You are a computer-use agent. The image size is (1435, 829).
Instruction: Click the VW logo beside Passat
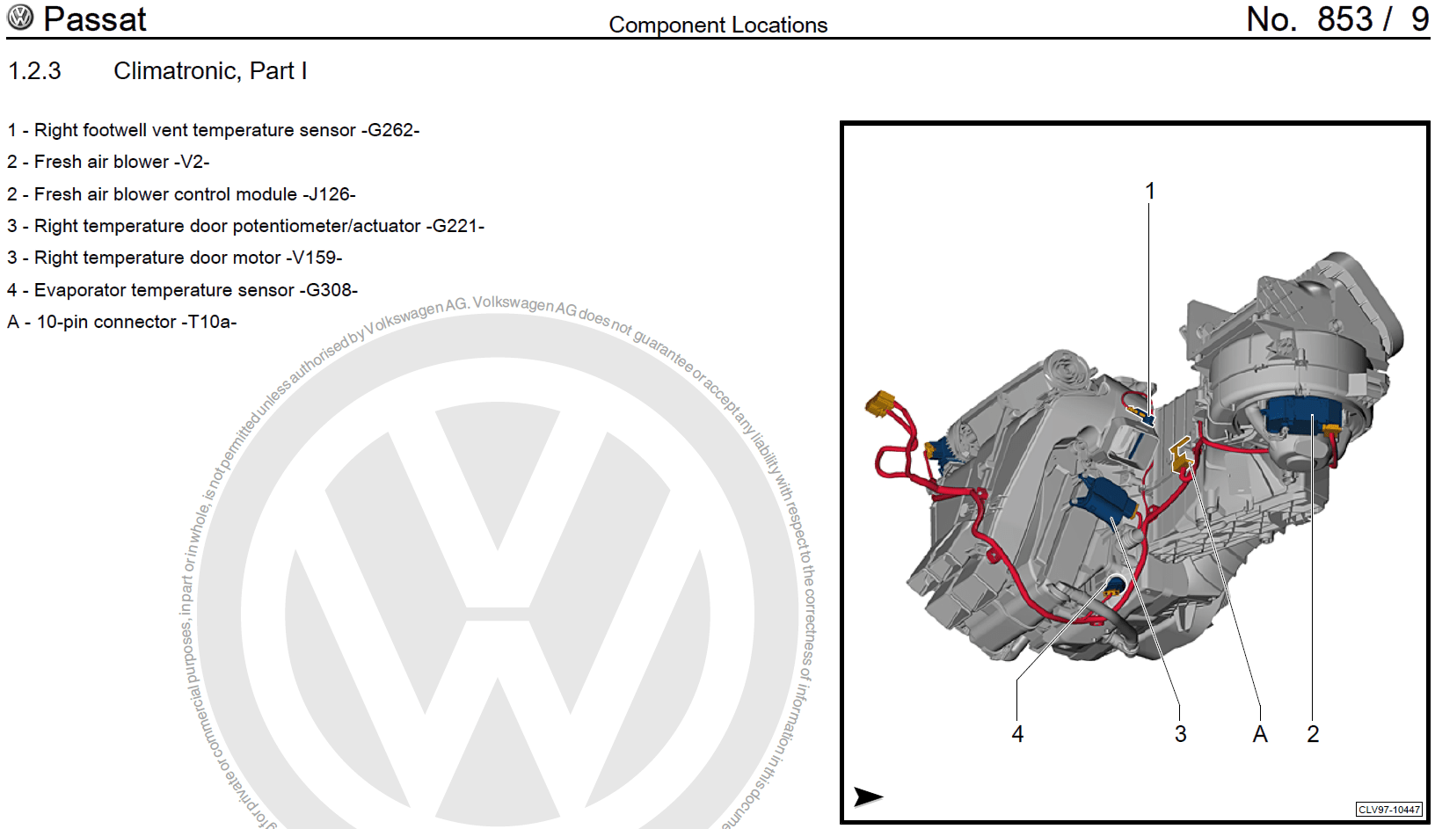coord(19,18)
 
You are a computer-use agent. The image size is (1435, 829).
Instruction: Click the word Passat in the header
coord(95,19)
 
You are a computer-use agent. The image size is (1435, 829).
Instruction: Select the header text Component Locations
coord(717,25)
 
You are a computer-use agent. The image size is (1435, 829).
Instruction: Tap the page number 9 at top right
coord(1419,19)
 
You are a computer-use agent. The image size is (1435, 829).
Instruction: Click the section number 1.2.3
coord(34,71)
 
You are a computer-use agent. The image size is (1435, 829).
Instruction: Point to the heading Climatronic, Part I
coord(210,71)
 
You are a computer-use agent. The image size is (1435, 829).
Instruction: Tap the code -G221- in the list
coord(455,226)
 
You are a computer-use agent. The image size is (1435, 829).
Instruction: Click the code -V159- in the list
coord(314,258)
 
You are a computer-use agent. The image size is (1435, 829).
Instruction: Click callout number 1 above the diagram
coord(1149,191)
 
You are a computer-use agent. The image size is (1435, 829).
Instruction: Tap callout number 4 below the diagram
coord(1017,734)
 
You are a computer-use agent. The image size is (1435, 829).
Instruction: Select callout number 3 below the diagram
coord(1180,734)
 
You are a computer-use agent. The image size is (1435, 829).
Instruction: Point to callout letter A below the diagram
coord(1260,734)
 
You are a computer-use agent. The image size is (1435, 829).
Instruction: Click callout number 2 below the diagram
coord(1313,734)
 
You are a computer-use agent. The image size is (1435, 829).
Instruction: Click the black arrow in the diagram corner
coord(868,796)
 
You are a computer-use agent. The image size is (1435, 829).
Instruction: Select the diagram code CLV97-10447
coord(1388,810)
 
